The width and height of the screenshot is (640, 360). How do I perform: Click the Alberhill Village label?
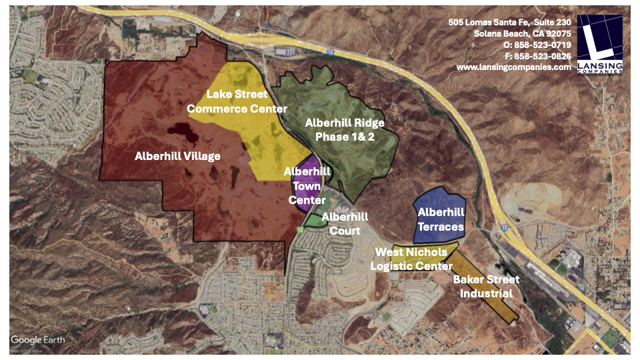pyautogui.click(x=177, y=156)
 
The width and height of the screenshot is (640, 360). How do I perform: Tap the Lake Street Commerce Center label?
pyautogui.click(x=237, y=101)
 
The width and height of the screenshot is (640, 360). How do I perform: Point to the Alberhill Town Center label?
pyautogui.click(x=307, y=185)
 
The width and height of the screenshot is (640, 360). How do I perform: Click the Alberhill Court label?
pyautogui.click(x=345, y=223)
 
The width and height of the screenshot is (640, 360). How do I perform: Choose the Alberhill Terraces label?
pyautogui.click(x=441, y=219)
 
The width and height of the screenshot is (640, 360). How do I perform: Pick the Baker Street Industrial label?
pyautogui.click(x=482, y=287)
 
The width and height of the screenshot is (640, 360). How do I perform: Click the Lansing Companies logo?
pyautogui.click(x=599, y=45)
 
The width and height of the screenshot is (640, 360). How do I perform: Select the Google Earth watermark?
pyautogui.click(x=38, y=339)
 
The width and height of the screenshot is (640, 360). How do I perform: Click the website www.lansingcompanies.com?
pyautogui.click(x=513, y=67)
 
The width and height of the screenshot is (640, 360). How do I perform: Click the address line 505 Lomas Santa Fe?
pyautogui.click(x=510, y=22)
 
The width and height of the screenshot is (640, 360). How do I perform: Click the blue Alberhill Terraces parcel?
pyautogui.click(x=440, y=200)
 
